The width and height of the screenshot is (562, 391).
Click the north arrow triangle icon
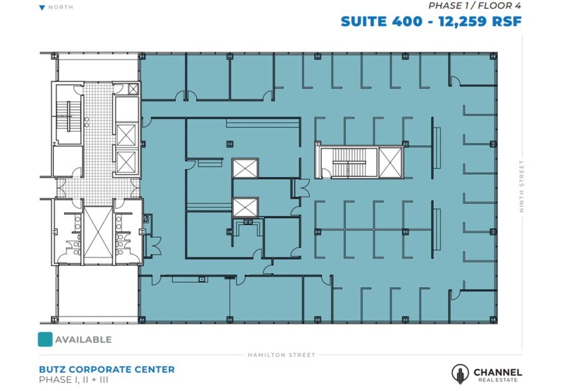(x=43, y=8)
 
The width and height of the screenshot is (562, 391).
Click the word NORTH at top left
(x=61, y=8)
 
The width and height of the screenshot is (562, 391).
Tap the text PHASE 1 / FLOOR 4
(x=474, y=6)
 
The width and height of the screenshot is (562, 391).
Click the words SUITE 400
(x=381, y=21)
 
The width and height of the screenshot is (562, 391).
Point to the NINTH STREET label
(x=522, y=187)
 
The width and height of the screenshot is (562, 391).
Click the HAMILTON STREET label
(x=281, y=355)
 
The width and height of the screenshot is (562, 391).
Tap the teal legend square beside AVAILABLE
(x=45, y=339)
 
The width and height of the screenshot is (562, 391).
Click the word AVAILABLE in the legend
(x=83, y=340)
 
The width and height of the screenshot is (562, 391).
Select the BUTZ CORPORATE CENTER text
(x=107, y=369)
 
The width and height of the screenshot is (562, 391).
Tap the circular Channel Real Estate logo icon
(x=460, y=374)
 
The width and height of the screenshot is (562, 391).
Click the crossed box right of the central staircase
(x=390, y=162)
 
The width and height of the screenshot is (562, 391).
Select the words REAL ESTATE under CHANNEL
(x=497, y=380)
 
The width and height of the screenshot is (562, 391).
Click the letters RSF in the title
(x=505, y=21)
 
